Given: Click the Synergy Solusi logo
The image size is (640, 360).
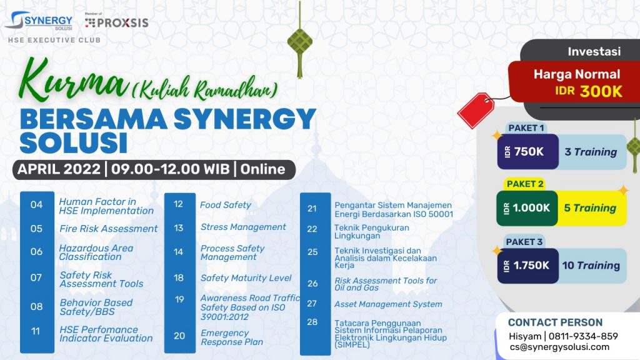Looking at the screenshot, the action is tap(39, 21).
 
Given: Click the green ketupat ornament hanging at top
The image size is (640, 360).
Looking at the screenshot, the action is tap(299, 41).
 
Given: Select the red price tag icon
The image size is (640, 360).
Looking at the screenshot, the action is tap(476, 110).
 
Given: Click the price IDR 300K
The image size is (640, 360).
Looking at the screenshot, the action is tap(589, 91).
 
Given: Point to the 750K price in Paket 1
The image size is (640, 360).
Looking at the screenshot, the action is tap(529, 152).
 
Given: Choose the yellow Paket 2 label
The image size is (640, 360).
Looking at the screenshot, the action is tap(525, 184).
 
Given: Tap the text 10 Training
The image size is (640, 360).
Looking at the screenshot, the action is tap(591, 266).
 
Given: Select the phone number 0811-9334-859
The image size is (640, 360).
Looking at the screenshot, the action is tap(583, 336).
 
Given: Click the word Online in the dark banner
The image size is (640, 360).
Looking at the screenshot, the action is tap(262, 169).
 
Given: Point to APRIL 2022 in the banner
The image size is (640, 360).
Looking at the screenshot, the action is tap(59, 169).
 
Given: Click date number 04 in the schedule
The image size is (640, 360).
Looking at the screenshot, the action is tap(36, 204).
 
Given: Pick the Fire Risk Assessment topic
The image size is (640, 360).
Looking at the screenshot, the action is tap(109, 229).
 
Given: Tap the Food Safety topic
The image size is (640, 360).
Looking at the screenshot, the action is tap(225, 205).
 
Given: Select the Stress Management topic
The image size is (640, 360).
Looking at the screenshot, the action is tap(243, 227).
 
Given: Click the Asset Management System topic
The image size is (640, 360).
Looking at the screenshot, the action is tap(388, 304).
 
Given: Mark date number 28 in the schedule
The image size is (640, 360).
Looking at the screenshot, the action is tap(312, 322).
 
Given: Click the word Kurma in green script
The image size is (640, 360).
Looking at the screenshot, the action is tap(72, 81).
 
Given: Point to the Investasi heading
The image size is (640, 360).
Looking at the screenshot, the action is tap(594, 51).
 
